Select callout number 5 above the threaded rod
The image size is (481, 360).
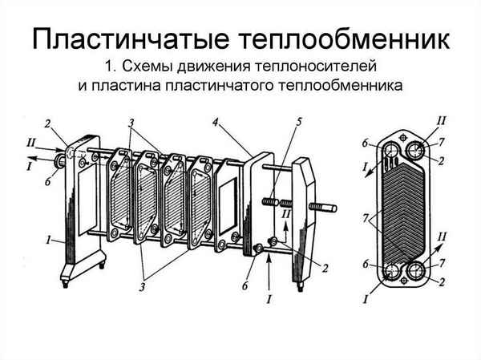pos(298,123)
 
